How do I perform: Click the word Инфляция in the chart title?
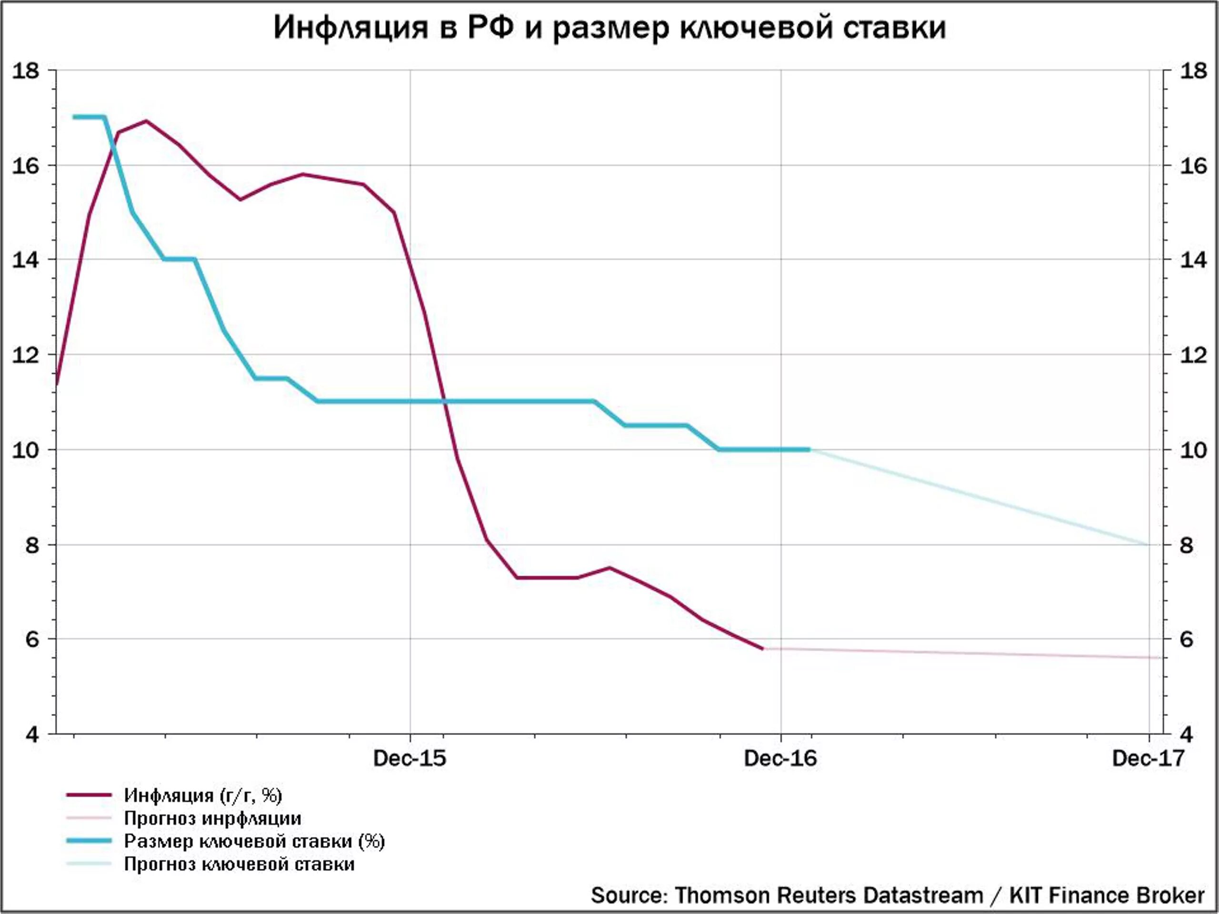[350, 28]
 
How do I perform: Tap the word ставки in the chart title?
[894, 28]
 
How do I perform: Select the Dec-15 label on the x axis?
[410, 759]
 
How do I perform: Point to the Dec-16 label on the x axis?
[780, 759]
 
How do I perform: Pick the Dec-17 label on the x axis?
[1148, 759]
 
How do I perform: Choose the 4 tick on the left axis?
[32, 735]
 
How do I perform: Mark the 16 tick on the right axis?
[1193, 165]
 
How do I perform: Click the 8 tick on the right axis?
[1187, 545]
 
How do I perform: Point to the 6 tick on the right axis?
[1187, 640]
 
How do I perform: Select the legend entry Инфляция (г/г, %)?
[203, 795]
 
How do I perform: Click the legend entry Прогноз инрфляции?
[212, 818]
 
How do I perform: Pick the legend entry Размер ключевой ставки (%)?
[254, 841]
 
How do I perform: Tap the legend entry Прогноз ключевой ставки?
[239, 864]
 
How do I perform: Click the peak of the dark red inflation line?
[146, 120]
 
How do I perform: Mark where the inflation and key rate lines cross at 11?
[444, 401]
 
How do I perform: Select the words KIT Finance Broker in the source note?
[1107, 895]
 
